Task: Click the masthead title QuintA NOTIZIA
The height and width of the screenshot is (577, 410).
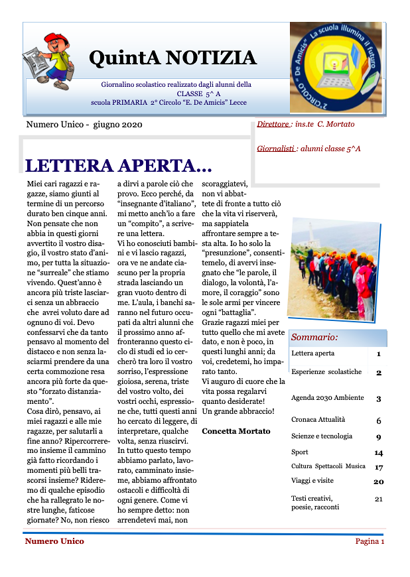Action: [172, 58]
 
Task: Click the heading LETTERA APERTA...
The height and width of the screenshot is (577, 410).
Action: [118, 165]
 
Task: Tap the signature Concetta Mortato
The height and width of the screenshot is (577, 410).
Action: [236, 431]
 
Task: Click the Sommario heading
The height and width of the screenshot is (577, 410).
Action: [314, 337]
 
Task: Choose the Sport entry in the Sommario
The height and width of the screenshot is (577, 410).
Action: [300, 452]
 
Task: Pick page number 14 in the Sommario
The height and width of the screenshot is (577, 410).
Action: [378, 452]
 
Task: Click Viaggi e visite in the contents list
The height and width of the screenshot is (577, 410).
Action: [312, 481]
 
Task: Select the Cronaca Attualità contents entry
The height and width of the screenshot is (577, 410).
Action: [318, 420]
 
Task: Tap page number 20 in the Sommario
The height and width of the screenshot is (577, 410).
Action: [378, 481]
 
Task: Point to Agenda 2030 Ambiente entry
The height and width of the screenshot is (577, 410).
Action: [327, 398]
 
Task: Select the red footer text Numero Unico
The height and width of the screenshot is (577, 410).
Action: [54, 541]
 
